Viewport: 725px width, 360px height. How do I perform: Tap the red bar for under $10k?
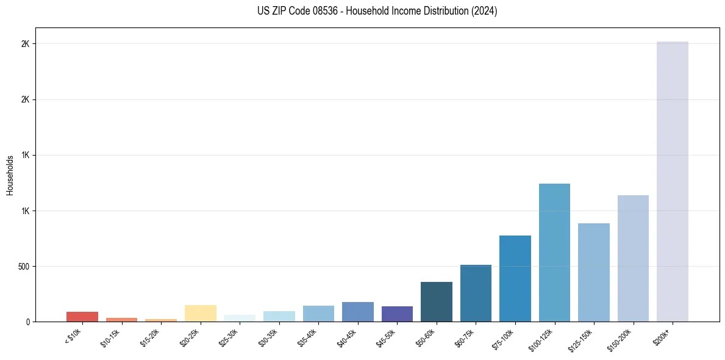[82, 317]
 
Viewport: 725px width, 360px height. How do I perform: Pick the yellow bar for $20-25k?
[200, 314]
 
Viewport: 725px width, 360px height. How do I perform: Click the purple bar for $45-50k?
[397, 314]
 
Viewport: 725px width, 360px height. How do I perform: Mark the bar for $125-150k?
[593, 272]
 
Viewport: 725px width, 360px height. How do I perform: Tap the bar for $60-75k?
[476, 293]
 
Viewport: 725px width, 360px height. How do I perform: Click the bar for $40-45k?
[357, 312]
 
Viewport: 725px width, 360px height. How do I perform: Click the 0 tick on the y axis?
[27, 322]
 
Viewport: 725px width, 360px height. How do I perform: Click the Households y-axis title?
[10, 175]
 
